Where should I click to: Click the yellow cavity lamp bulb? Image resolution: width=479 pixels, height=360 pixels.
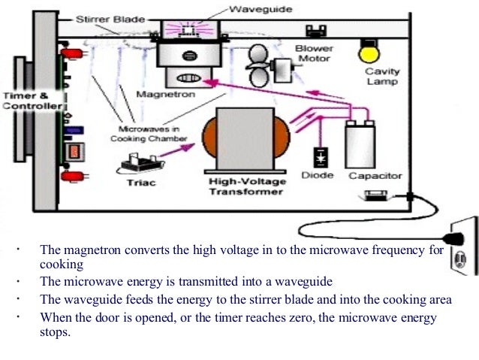(369, 52)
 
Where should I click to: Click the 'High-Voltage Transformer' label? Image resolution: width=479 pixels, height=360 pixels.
(246, 186)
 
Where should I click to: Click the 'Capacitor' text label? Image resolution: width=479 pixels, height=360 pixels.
(375, 176)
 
